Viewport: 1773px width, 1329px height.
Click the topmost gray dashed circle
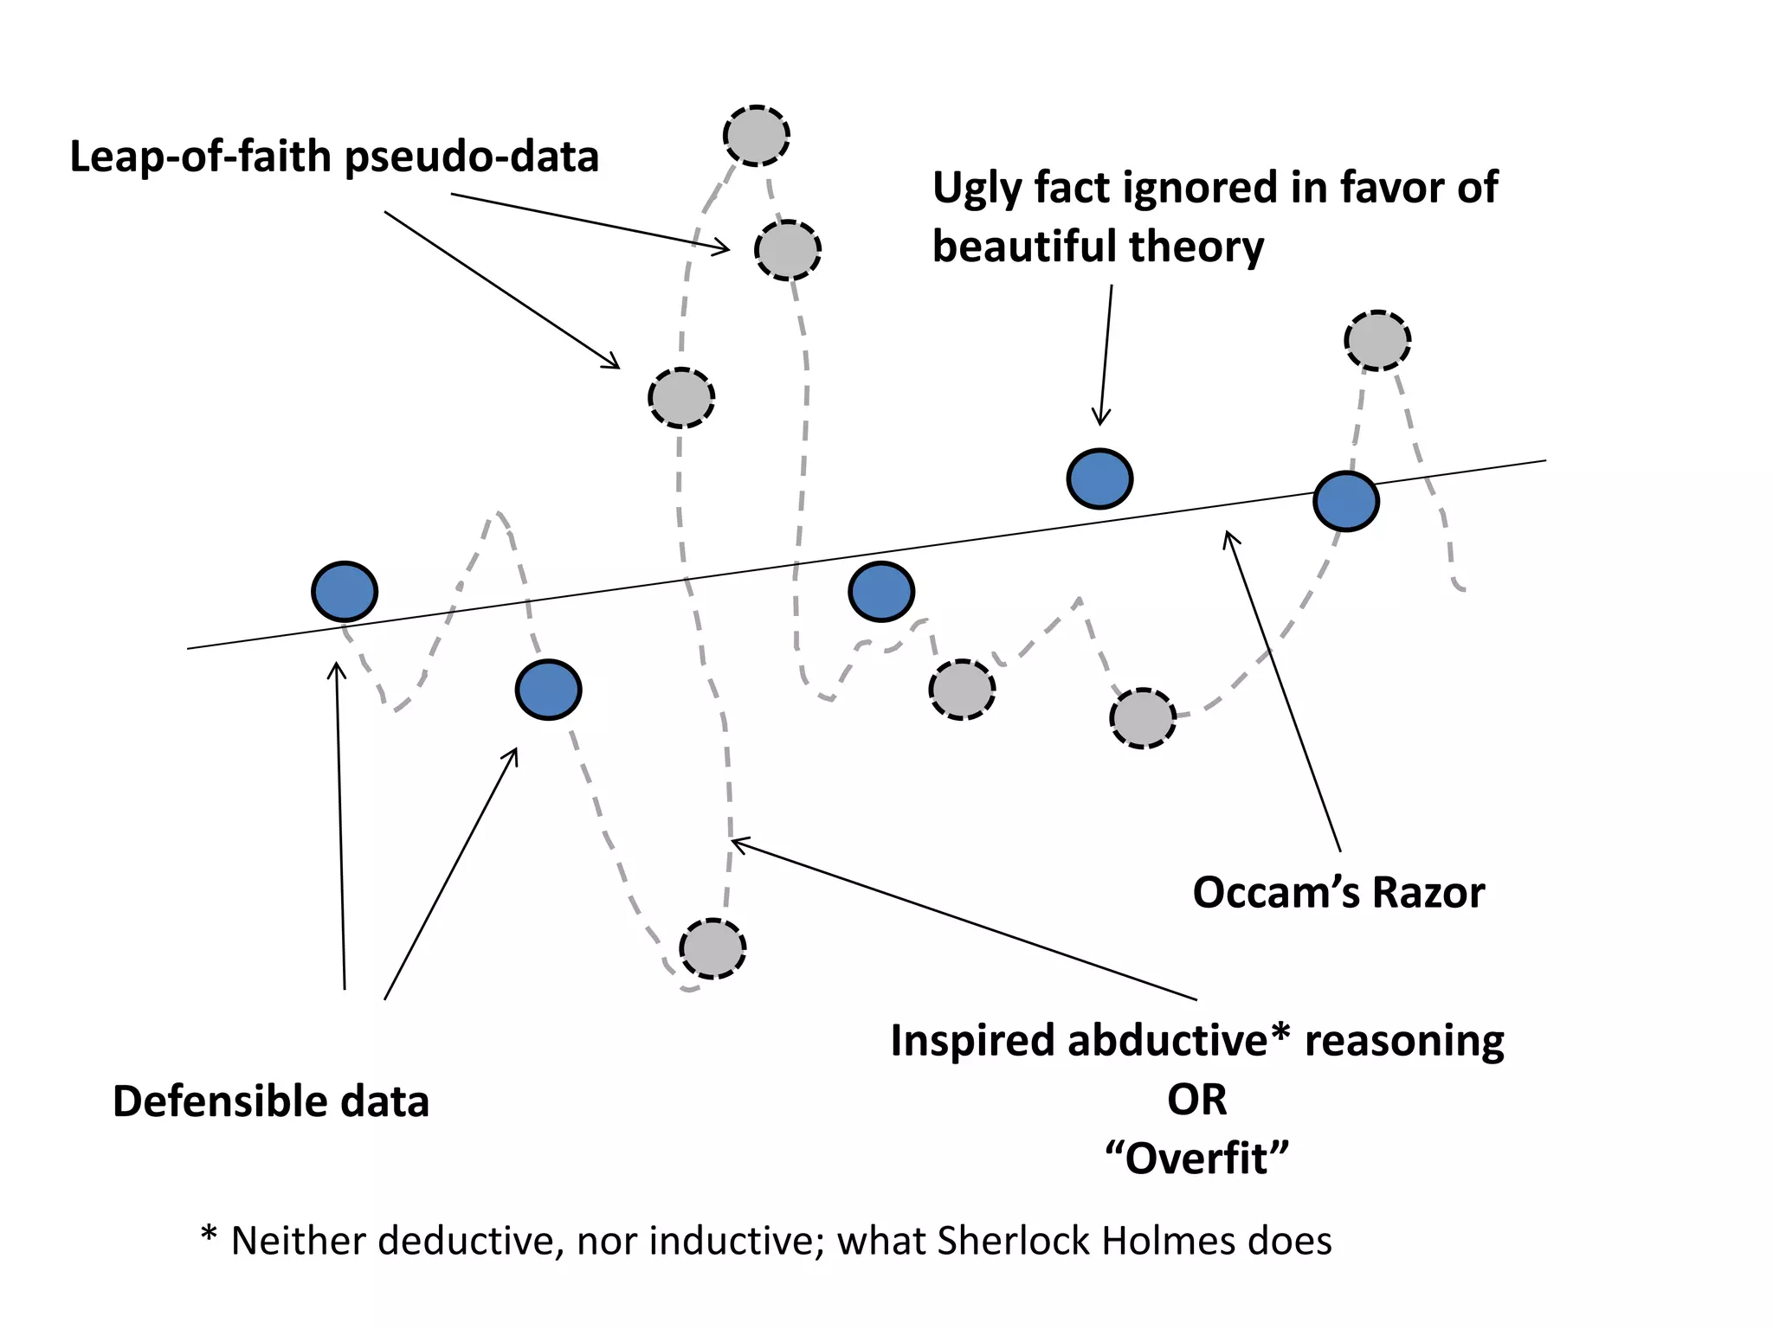point(756,136)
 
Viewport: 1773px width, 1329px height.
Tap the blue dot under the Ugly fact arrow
point(1099,478)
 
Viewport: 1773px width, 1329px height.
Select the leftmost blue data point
point(345,592)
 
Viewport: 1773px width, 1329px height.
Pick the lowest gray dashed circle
point(712,948)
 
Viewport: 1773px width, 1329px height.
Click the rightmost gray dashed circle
point(1377,340)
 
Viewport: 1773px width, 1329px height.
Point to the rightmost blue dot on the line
point(1346,501)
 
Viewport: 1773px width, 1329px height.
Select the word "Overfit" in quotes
point(1197,1158)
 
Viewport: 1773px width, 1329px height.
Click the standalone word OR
point(1197,1100)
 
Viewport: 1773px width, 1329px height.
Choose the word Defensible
point(218,1101)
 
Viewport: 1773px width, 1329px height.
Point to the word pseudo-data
point(472,157)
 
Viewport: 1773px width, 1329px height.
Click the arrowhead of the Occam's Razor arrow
point(1226,533)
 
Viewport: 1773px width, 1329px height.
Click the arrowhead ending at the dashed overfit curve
point(734,839)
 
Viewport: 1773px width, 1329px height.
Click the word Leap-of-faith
point(201,157)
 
